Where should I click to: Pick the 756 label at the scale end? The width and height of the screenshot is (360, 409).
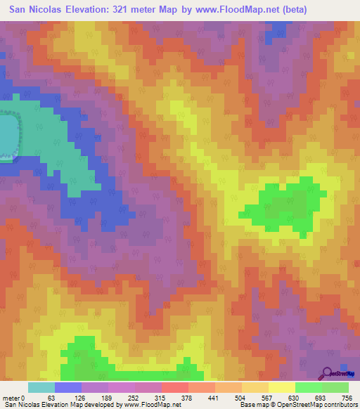tap(347, 397)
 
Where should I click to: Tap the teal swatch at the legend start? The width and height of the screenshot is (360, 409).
tap(41, 387)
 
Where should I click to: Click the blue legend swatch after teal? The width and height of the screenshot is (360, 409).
tap(68, 387)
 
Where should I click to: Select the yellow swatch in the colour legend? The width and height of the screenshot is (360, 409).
tap(281, 387)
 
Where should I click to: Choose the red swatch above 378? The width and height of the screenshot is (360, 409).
tap(175, 387)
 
